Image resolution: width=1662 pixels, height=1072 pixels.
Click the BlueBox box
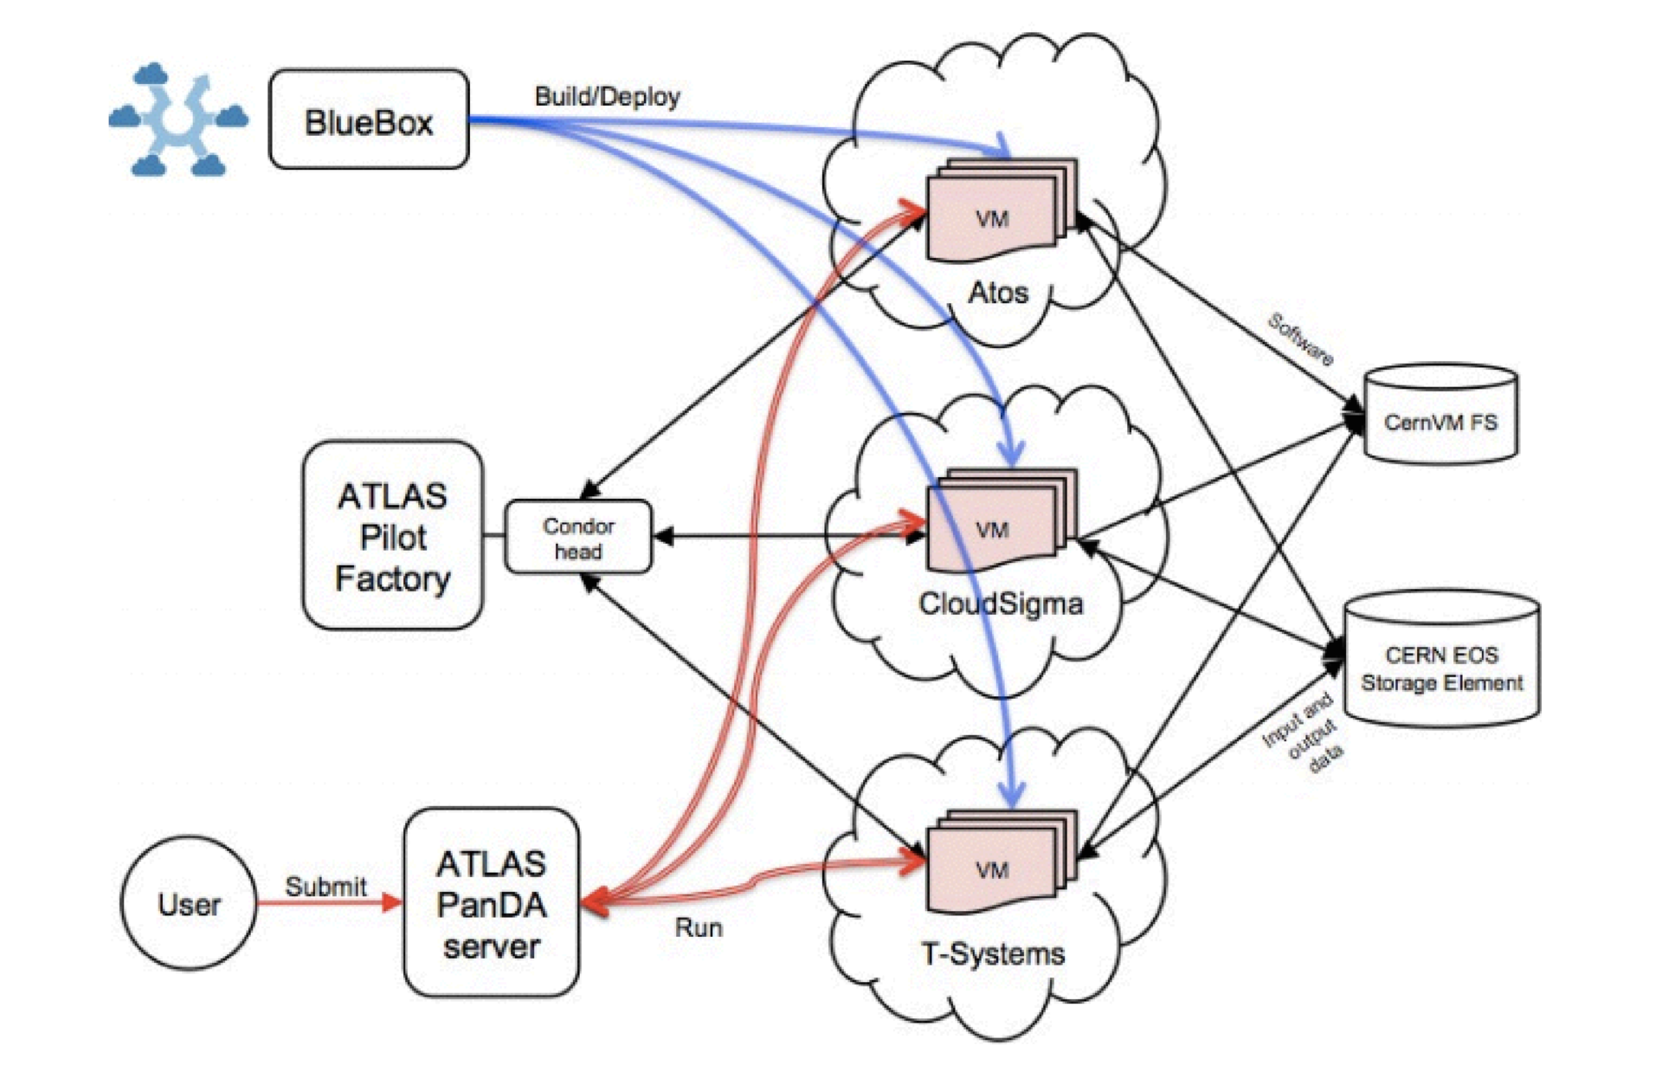point(369,119)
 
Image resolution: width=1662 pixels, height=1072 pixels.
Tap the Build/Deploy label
point(607,96)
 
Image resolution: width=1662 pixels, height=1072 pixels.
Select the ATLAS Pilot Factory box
point(392,536)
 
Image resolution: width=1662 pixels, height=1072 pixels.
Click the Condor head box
point(577,538)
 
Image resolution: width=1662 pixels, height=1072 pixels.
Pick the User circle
point(189,903)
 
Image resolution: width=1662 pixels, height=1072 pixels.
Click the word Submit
point(325,887)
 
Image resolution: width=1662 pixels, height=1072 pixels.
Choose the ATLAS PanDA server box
point(491,903)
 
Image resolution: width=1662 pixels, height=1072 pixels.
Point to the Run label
point(698,927)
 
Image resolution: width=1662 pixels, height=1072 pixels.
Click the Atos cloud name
point(998,293)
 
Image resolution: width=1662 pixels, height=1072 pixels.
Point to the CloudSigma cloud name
point(1001,603)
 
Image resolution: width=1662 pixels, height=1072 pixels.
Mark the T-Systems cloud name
point(993,953)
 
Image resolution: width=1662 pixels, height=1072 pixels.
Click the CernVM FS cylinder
point(1440,417)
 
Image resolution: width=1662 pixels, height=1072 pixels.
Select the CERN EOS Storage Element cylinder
point(1441,661)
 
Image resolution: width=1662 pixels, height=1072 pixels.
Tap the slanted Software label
point(1300,339)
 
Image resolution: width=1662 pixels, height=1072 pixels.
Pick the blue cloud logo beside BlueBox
point(177,119)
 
